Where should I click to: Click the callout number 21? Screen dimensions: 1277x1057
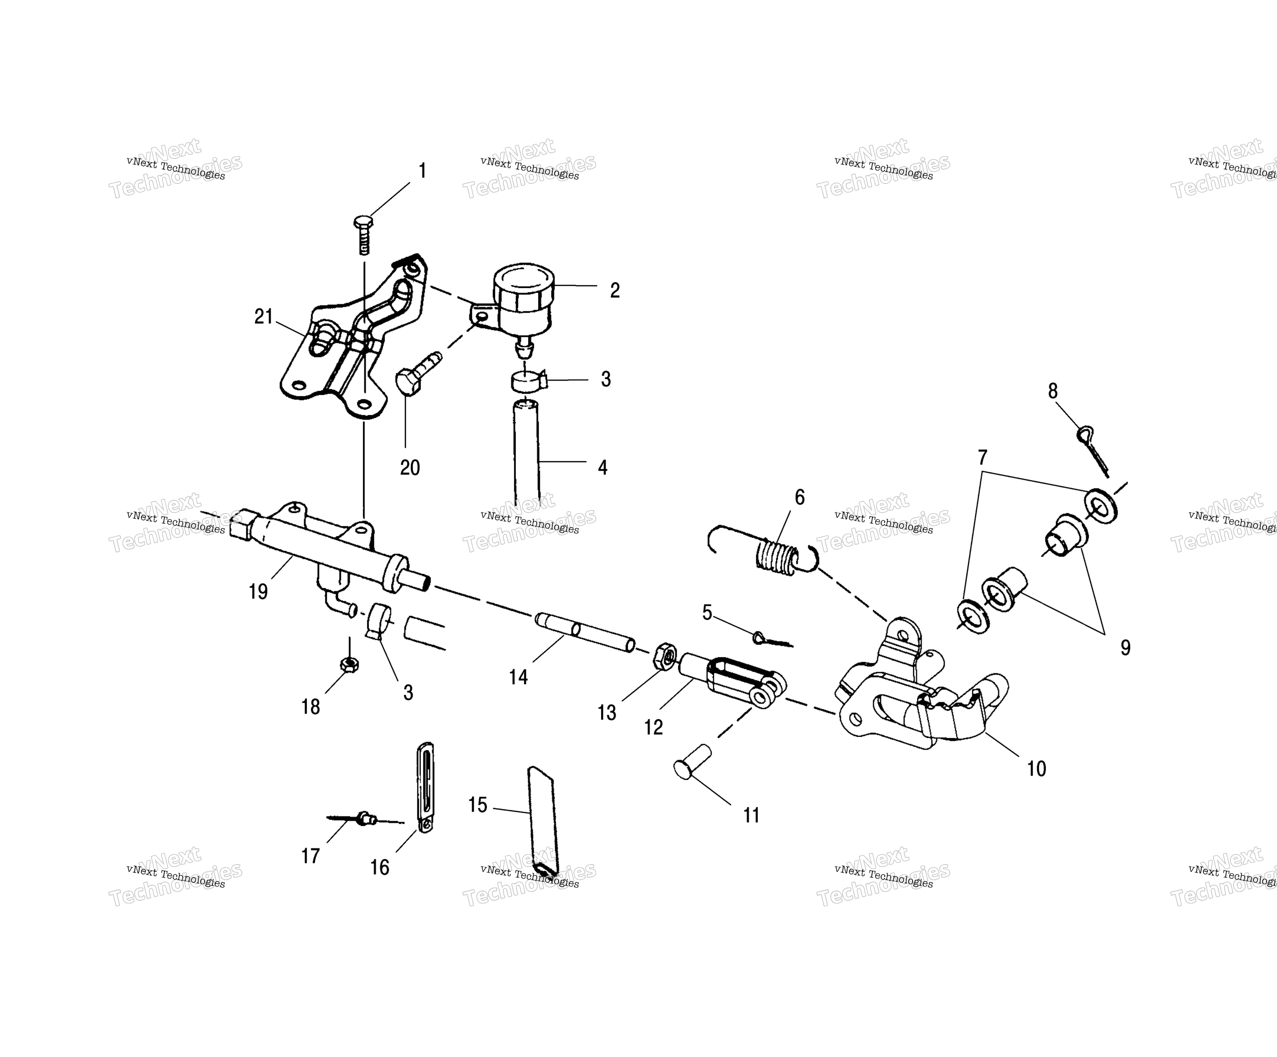[x=263, y=317]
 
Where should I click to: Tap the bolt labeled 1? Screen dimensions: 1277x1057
[x=363, y=234]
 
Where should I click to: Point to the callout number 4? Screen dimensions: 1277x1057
[x=603, y=467]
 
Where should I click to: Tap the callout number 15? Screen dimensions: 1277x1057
[x=478, y=805]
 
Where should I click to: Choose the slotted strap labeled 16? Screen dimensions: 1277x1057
[x=426, y=787]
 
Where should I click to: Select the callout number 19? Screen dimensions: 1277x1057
[x=258, y=591]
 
